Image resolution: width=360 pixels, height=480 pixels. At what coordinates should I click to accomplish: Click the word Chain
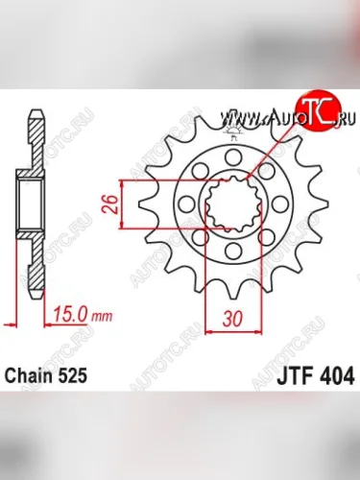pos(33,376)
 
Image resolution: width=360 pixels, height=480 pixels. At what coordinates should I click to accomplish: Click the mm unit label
pos(103,313)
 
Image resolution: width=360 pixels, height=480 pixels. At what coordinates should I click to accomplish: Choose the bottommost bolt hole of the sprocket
pos(234,252)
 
